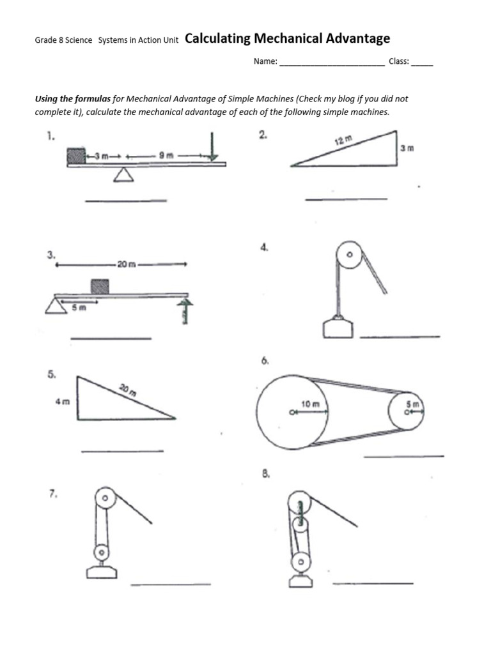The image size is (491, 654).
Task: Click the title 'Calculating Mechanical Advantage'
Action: coord(287,39)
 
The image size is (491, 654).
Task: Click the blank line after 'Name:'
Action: coord(332,63)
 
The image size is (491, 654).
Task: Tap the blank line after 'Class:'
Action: coord(422,63)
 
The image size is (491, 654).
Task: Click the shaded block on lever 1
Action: coord(76,155)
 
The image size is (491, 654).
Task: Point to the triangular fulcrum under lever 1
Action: coord(123,174)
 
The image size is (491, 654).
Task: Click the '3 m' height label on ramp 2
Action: coord(407,148)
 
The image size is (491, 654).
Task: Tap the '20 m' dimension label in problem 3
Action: coord(123,264)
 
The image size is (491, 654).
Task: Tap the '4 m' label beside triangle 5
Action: coord(62,402)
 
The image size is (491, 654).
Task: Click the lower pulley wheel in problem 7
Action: coord(100,552)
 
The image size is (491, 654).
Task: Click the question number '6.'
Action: coord(265,361)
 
